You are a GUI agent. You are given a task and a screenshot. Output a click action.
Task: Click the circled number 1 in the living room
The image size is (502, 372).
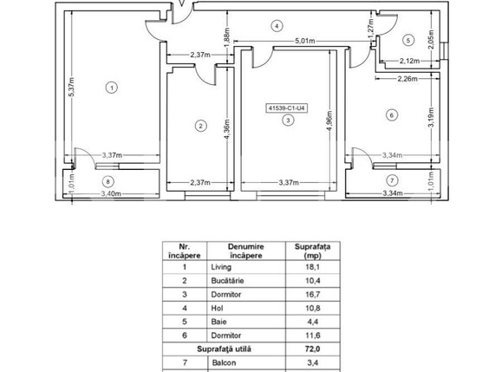pos(112,88)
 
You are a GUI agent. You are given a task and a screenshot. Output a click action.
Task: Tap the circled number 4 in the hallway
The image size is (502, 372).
pos(277,26)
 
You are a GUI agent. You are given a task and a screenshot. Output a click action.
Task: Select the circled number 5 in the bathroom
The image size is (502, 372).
pos(407,41)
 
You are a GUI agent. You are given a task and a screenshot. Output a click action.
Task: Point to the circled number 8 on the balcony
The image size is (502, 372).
pos(108,182)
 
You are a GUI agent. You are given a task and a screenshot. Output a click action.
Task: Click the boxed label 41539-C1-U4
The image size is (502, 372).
pos(286,108)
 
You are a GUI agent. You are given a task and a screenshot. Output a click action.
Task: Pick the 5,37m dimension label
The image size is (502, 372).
pos(71,87)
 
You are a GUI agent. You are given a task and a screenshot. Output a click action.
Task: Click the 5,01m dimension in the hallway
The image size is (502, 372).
pos(304,41)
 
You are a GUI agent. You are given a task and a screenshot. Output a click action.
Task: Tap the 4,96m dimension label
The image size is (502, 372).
pos(329,121)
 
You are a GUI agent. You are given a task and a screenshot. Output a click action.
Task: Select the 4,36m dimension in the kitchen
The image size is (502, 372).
pos(226,129)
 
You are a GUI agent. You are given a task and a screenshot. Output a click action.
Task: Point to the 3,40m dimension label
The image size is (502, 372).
pos(111,193)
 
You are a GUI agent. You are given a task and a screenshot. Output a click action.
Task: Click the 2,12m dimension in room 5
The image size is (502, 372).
pos(409,61)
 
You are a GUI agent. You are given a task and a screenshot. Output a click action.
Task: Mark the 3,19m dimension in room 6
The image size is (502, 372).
pos(431,117)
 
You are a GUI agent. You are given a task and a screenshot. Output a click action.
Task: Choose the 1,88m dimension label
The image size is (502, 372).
pos(226,36)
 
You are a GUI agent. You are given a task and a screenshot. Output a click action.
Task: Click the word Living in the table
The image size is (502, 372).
pos(221,267)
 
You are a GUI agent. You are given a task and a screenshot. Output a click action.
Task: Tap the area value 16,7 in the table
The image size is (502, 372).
pos(312,295)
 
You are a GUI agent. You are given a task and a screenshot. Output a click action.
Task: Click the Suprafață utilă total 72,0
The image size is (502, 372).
pos(312,349)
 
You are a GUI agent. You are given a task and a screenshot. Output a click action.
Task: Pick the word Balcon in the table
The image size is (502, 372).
pos(224,362)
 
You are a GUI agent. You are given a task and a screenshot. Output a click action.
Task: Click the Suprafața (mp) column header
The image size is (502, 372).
pos(312,251)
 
